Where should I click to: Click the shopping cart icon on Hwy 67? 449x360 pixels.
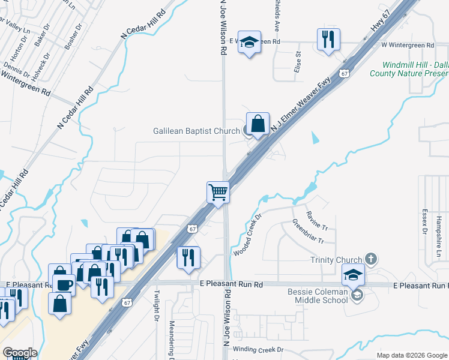(218, 193)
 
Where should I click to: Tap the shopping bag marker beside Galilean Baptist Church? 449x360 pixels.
(258, 124)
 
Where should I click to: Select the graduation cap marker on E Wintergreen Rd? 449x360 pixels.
(249, 43)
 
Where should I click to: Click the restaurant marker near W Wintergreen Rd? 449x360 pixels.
(328, 40)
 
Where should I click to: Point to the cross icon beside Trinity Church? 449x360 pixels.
(371, 259)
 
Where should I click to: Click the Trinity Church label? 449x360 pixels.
(336, 260)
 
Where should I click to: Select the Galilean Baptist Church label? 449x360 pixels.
(188, 131)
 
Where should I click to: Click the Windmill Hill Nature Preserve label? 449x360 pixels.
(414, 69)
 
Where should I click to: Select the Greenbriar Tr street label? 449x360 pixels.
(309, 232)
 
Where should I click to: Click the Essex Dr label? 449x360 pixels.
(424, 221)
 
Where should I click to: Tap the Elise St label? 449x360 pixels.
(297, 62)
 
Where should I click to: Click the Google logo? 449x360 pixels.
(20, 352)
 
